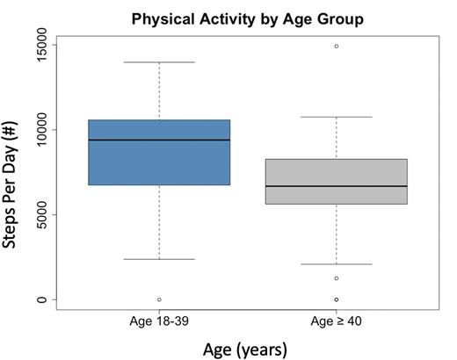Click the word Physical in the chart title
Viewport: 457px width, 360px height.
[x=163, y=17]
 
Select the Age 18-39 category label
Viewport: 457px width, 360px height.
[x=159, y=321]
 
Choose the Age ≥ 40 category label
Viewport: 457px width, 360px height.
[x=336, y=321]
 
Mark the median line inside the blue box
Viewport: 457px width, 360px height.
[x=159, y=140]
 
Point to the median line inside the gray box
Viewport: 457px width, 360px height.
[x=336, y=186]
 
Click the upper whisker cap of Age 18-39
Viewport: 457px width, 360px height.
[x=159, y=62]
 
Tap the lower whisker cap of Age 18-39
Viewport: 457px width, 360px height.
[x=159, y=259]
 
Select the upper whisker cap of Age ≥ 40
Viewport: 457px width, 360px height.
[x=336, y=117]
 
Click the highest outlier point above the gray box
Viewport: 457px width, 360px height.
[x=336, y=46]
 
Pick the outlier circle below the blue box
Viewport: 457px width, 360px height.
[x=159, y=299]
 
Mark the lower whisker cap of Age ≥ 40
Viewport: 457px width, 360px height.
[x=336, y=264]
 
